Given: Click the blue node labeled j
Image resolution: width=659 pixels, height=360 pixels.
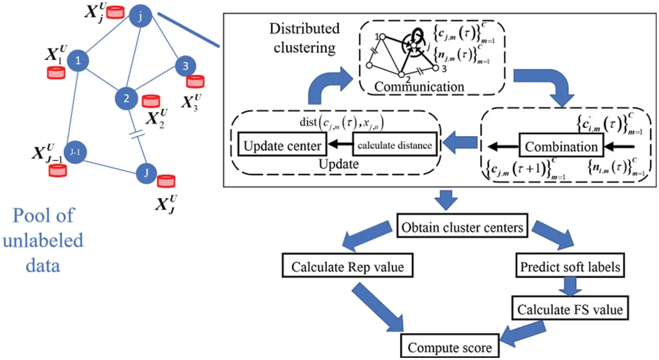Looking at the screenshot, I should tap(140, 17).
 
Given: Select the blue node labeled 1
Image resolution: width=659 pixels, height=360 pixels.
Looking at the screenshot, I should tap(78, 60).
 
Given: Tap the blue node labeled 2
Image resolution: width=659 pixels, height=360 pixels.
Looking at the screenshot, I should tap(127, 98).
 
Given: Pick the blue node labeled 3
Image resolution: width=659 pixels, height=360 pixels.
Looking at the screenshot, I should tap(185, 66).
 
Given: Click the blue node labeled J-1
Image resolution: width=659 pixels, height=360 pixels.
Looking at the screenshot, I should tap(75, 153).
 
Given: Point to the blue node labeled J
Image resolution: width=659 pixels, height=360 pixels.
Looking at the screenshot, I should tap(147, 173).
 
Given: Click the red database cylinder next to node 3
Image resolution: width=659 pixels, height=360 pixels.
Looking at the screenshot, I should tap(195, 81).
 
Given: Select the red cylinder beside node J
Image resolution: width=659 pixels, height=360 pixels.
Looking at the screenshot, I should tap(166, 181).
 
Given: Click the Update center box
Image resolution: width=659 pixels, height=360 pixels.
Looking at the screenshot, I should tap(282, 145).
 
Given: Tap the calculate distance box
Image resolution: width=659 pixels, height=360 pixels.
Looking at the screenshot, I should tap(395, 145).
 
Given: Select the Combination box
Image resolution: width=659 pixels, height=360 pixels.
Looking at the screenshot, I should tap(561, 146).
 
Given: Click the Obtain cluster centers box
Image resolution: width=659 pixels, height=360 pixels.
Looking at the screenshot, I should tap(462, 227).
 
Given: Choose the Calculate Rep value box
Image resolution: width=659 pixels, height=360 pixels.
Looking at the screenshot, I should tap(347, 266).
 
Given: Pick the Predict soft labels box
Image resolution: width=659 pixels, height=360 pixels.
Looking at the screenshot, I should tap(570, 266).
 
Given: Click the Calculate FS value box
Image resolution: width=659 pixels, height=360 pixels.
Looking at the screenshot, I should tap(570, 309).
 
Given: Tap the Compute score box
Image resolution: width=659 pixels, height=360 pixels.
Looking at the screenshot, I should tap(449, 347).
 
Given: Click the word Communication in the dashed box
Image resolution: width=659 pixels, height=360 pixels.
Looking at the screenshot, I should tap(419, 87).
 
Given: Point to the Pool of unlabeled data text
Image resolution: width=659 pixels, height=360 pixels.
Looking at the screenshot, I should tap(43, 240).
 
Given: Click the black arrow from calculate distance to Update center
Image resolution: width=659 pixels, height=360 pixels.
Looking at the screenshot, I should tap(340, 145).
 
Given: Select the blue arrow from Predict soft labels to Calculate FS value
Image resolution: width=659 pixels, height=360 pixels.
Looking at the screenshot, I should tap(570, 287).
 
